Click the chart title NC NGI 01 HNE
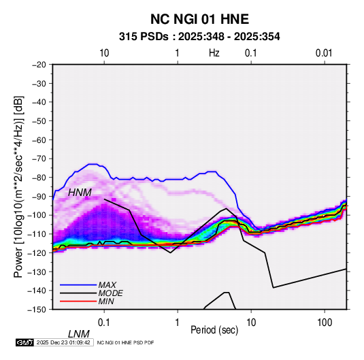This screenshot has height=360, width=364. click(199, 19)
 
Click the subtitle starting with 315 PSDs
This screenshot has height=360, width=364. click(199, 37)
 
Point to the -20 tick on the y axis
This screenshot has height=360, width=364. click(39, 65)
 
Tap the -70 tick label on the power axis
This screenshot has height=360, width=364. click(39, 159)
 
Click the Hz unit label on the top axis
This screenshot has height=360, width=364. click(214, 53)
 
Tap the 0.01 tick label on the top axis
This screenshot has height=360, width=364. click(324, 53)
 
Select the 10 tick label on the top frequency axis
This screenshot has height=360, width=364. click(104, 53)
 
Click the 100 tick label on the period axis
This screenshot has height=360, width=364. click(325, 323)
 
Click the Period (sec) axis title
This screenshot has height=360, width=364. click(214, 330)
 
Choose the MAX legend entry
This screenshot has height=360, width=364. click(107, 285)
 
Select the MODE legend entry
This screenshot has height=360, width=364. click(110, 293)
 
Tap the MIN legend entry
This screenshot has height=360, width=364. click(106, 301)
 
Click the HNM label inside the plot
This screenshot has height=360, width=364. click(80, 193)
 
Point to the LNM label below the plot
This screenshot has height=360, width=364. click(79, 334)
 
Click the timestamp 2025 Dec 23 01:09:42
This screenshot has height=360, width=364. click(63, 342)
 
